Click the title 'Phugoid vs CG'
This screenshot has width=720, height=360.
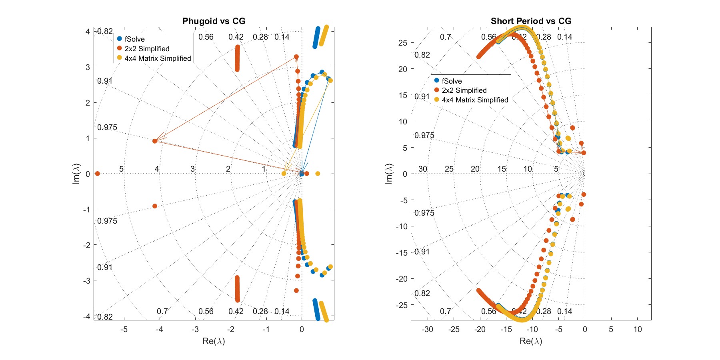click(214, 21)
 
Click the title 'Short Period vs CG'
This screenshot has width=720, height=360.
click(531, 21)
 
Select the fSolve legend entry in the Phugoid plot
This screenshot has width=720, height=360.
click(134, 39)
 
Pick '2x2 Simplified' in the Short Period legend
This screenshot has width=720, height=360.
click(464, 90)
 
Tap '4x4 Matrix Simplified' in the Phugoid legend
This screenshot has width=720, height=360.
click(158, 58)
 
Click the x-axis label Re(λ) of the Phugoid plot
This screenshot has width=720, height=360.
click(214, 341)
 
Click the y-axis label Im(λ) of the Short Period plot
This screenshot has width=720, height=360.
click(389, 174)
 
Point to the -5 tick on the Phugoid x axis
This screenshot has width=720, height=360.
click(124, 330)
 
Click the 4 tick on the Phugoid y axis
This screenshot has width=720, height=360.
click(88, 32)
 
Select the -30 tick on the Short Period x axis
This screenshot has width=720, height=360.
click(428, 330)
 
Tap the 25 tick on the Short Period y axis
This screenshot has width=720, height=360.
click(403, 43)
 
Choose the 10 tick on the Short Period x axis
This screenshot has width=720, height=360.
click(638, 330)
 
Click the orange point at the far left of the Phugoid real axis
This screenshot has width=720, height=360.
click(97, 174)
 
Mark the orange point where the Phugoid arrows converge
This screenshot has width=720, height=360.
click(155, 141)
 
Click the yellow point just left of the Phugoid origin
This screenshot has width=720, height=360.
click(284, 174)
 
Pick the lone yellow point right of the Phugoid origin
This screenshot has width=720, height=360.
click(318, 174)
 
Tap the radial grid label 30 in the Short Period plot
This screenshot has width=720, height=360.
click(423, 169)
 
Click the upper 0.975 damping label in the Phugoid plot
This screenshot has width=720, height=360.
click(107, 128)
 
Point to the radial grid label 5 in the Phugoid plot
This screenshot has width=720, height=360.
click(122, 169)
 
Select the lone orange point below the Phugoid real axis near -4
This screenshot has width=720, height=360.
click(155, 206)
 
